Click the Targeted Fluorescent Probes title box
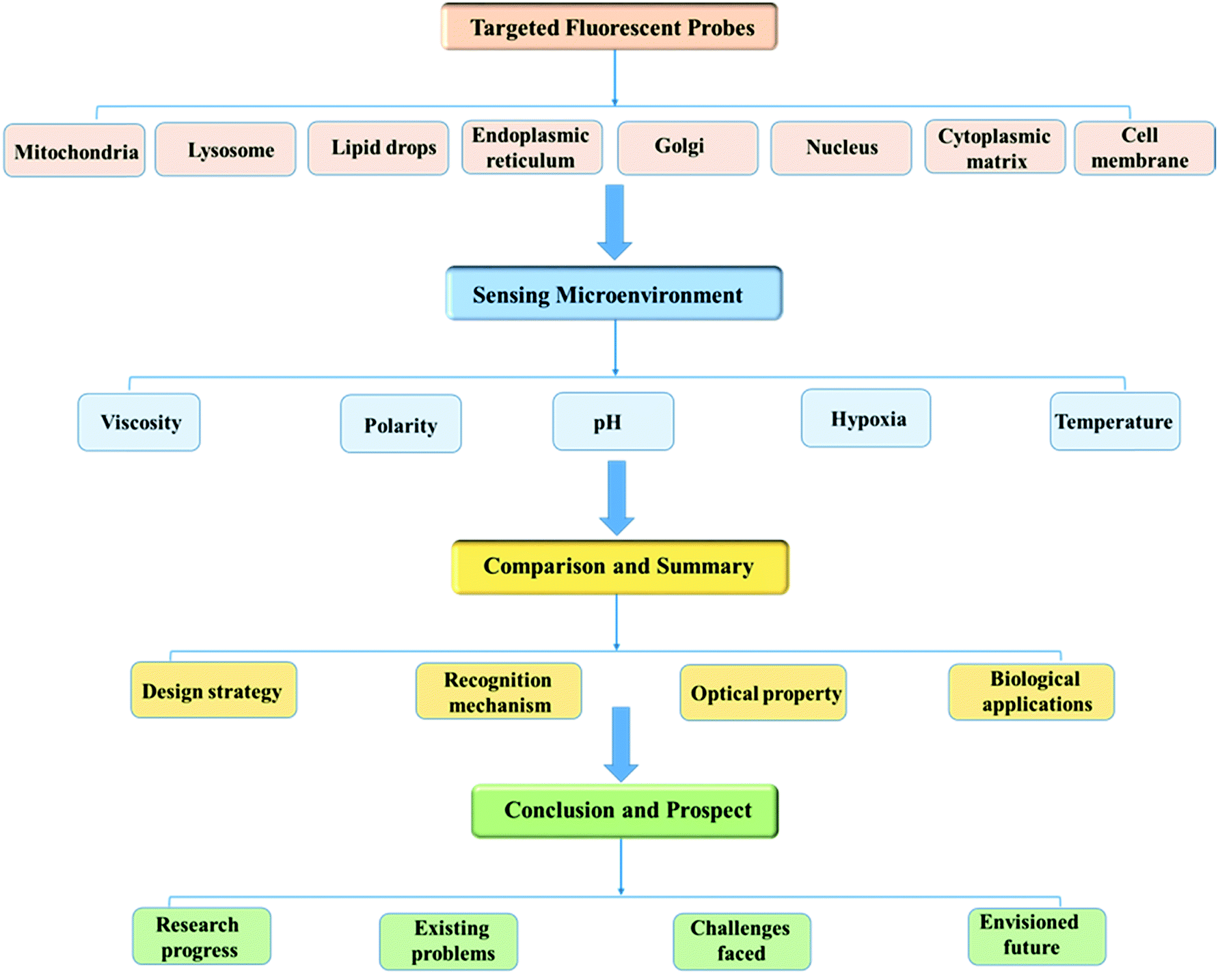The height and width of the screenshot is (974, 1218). [x=609, y=27]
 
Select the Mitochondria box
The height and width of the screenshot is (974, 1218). [x=75, y=151]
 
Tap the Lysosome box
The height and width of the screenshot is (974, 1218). [x=226, y=150]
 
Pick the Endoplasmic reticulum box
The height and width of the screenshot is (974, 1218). [x=532, y=148]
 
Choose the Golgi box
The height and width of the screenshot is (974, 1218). [x=687, y=148]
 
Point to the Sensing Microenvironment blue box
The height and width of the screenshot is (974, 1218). [x=613, y=294]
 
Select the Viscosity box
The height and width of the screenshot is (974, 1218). [x=139, y=422]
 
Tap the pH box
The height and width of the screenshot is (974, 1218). [x=612, y=422]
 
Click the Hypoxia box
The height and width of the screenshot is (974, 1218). [x=865, y=418]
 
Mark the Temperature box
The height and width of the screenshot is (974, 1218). [x=1114, y=422]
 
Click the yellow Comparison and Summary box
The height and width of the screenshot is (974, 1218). [x=619, y=567]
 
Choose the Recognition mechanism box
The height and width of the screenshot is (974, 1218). [x=498, y=692]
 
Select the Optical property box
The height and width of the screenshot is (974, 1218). [x=763, y=693]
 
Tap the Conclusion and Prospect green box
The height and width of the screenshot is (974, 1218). [x=624, y=811]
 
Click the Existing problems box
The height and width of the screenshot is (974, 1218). [x=449, y=941]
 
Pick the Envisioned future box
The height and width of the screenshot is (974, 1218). [x=1036, y=935]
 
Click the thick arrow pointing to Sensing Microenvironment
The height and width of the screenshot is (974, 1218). [x=614, y=221]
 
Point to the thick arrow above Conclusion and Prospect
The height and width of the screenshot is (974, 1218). [x=621, y=743]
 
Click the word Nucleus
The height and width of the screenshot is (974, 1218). [x=841, y=148]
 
